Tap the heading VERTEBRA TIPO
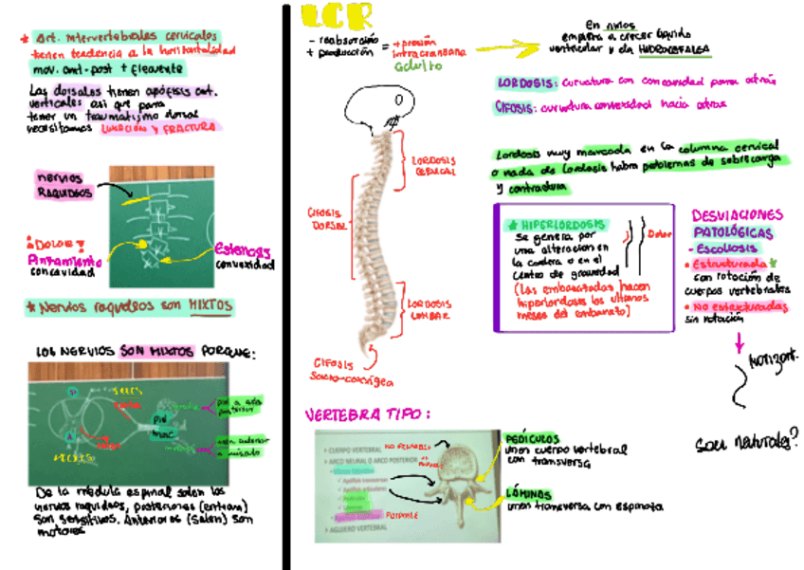pos(367,414)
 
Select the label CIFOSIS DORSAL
pos(326,219)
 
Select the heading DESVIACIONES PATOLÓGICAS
pos(738,223)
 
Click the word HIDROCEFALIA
pos(676,46)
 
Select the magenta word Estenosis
pos(245,250)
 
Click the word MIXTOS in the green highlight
pos(210,305)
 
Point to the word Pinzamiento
pos(64,259)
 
